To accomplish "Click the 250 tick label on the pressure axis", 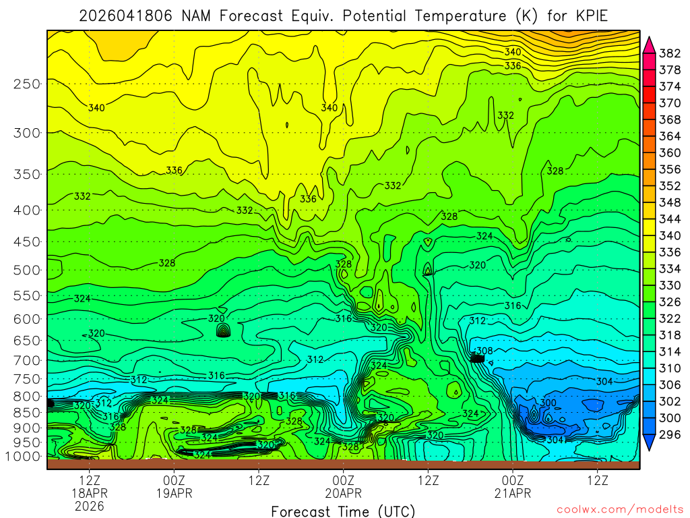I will tap(26, 84).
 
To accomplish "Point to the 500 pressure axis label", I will tap(26, 270).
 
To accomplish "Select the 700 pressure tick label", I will tap(26, 359).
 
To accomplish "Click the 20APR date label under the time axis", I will tap(344, 493).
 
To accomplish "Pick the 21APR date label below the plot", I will tap(513, 493).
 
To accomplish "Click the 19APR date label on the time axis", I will tap(175, 493).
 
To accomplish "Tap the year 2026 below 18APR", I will tap(90, 506).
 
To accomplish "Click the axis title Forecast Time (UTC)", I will tap(343, 511).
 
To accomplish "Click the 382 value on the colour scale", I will tap(670, 53).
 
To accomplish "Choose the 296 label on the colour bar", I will tap(670, 434).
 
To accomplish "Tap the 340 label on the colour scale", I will tap(670, 235).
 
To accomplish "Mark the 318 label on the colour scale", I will tap(670, 335).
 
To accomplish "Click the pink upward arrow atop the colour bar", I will tap(650, 44).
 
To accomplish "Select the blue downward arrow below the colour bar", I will tap(650, 442).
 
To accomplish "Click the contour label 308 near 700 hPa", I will tap(484, 351).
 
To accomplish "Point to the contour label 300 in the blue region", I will tap(548, 403).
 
